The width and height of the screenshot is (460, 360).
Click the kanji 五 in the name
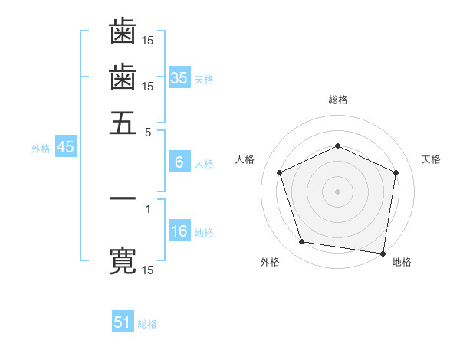(x=123, y=123)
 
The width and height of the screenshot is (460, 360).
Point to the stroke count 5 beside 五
(x=148, y=132)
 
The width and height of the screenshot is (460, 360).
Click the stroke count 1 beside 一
(x=148, y=208)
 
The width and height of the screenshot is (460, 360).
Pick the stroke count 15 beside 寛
(x=148, y=270)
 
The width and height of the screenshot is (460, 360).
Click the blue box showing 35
(x=179, y=78)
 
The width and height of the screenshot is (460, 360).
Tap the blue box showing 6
(x=179, y=162)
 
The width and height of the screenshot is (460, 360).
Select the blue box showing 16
(x=179, y=232)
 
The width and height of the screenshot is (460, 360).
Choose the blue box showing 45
(x=65, y=148)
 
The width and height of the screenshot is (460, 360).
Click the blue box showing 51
(x=123, y=322)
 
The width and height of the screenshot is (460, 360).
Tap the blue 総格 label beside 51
(x=147, y=324)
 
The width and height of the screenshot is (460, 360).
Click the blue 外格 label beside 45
(x=41, y=149)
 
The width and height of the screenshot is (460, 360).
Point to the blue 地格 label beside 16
(x=204, y=233)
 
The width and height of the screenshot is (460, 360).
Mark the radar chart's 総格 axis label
(x=337, y=100)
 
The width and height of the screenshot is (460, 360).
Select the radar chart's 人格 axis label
(x=245, y=159)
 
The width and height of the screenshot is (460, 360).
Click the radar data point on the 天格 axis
(x=396, y=172)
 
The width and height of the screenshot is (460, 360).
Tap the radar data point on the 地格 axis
(x=383, y=253)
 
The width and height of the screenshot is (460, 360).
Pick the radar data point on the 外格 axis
(x=302, y=242)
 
